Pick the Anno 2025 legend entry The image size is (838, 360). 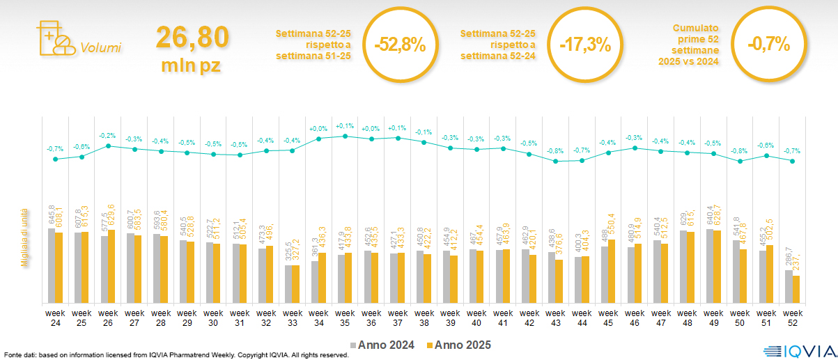[459, 345]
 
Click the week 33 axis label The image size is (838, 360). [292, 318]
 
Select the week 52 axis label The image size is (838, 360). [792, 318]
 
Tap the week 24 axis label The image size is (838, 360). [55, 318]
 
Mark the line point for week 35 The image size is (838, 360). [345, 136]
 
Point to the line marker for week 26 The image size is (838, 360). [108, 146]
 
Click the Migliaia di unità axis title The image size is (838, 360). [24, 237]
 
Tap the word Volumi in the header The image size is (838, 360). [101, 48]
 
